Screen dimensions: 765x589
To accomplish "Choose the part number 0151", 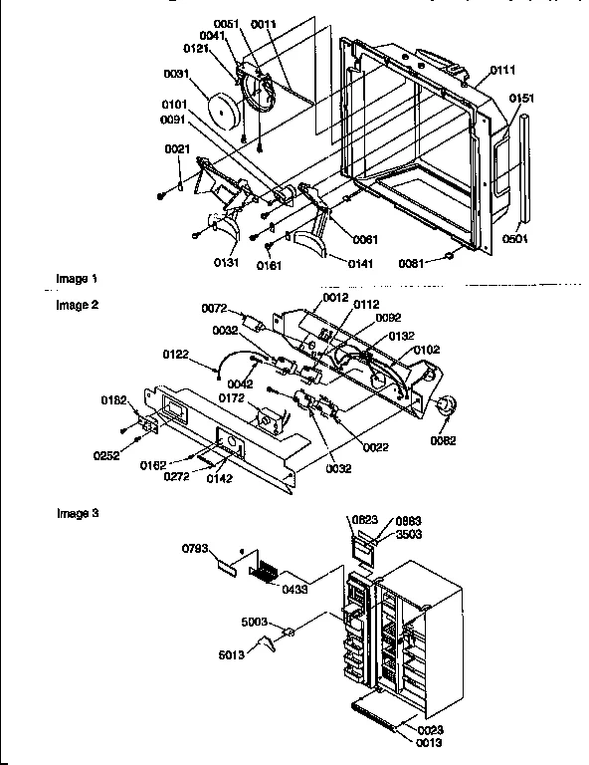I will (x=522, y=99).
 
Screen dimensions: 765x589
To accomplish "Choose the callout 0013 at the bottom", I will (x=429, y=743).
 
